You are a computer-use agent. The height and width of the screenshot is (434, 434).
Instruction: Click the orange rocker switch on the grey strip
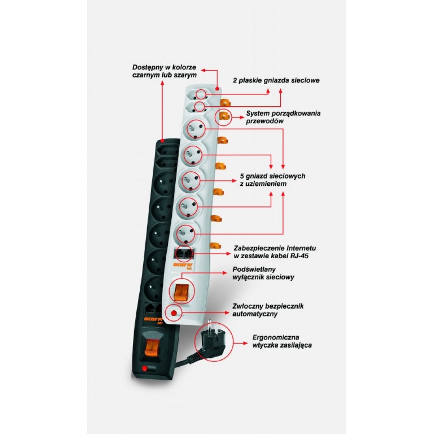click(180, 291)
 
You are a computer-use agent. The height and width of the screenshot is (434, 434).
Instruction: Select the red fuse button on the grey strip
click(174, 313)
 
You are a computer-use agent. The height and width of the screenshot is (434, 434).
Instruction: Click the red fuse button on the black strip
click(144, 368)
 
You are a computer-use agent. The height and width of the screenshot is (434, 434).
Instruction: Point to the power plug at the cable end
click(210, 343)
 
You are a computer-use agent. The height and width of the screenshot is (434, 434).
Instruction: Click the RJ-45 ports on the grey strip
click(184, 254)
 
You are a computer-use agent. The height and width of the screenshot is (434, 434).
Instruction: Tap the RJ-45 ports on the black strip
click(153, 309)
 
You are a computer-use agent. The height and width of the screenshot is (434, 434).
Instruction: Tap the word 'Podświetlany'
click(254, 270)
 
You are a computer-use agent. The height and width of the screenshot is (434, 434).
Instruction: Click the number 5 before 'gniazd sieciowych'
click(242, 176)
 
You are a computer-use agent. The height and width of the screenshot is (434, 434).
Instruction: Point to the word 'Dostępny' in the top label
click(148, 68)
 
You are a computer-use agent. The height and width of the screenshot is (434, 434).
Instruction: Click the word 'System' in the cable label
click(258, 113)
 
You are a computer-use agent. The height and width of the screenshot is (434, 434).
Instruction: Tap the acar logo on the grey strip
click(183, 266)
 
